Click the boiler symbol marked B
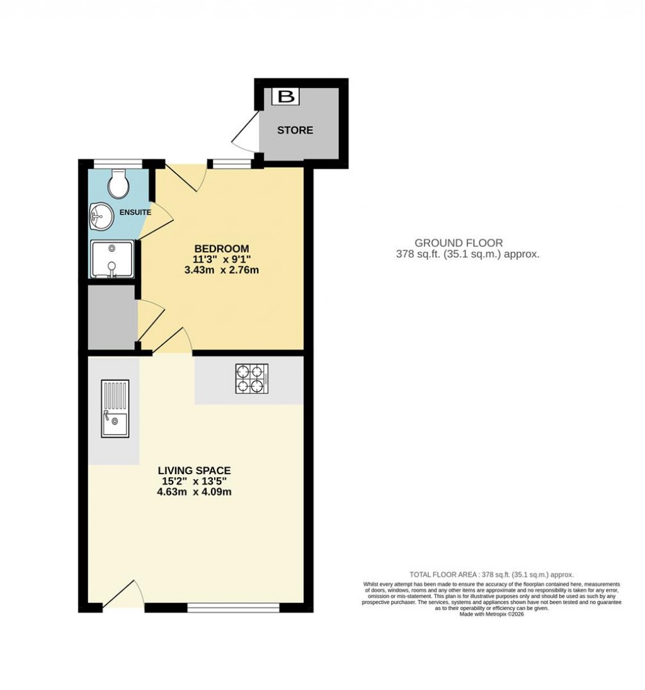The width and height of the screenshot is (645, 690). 286,96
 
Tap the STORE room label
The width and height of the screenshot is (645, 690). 295,130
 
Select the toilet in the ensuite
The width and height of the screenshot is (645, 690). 118,183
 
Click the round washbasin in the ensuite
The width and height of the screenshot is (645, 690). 100,217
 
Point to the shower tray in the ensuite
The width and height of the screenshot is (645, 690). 112,259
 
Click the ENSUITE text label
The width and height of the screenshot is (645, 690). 135,212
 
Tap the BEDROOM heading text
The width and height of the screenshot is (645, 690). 221,248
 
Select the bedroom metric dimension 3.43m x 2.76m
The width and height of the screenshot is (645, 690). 221,270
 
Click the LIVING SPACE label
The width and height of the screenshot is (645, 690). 194,470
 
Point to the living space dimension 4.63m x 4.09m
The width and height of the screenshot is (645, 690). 194,492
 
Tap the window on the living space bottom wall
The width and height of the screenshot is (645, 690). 234,607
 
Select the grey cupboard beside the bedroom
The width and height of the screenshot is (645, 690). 111,317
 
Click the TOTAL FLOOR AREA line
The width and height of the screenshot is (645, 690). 491,575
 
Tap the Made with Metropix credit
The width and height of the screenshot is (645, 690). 491,614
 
